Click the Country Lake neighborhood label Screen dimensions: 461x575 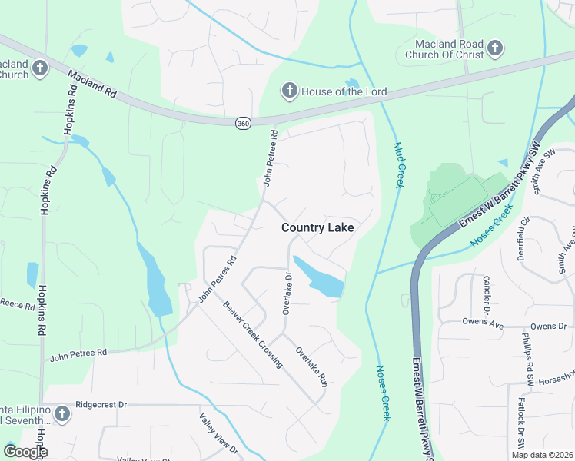317,227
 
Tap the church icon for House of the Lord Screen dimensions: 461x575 290,91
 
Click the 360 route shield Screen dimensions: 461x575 243,123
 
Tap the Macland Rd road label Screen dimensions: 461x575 91,83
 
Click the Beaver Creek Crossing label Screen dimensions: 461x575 254,335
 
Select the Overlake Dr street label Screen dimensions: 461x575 286,294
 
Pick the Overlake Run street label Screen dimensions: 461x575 312,366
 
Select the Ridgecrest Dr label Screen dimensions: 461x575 101,404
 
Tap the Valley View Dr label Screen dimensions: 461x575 218,433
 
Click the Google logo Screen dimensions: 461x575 25,452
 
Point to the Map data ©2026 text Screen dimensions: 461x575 541,455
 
